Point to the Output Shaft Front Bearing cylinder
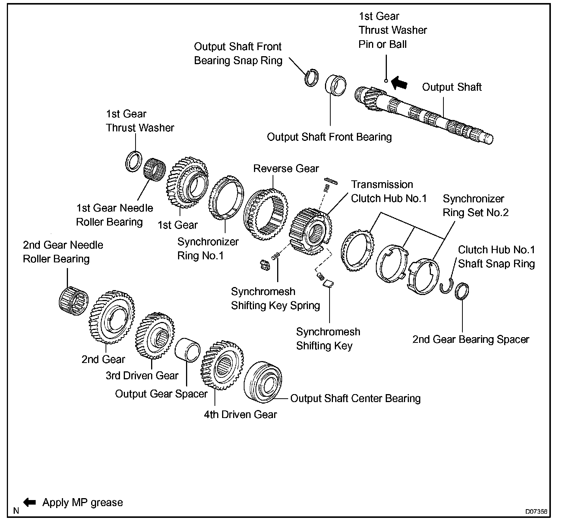click(x=336, y=84)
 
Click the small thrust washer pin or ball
click(x=386, y=80)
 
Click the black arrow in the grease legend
click(x=30, y=502)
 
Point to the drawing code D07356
click(x=536, y=511)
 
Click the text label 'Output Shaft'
click(x=452, y=87)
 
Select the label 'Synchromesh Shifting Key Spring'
click(x=275, y=298)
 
